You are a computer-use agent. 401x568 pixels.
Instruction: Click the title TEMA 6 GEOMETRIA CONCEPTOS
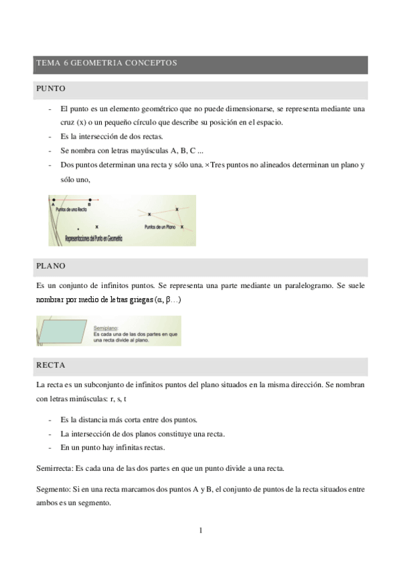[106, 64]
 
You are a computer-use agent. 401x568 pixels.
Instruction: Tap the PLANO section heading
[52, 266]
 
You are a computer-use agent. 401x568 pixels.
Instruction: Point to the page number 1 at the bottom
[200, 531]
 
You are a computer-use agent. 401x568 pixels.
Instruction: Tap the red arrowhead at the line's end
[98, 200]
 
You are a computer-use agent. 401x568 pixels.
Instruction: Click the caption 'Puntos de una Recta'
[72, 210]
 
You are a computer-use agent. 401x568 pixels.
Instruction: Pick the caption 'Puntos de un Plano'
[161, 227]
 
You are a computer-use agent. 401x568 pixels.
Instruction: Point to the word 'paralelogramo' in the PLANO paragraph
[304, 285]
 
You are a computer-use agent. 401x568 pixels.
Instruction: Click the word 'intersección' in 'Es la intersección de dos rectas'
[96, 136]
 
